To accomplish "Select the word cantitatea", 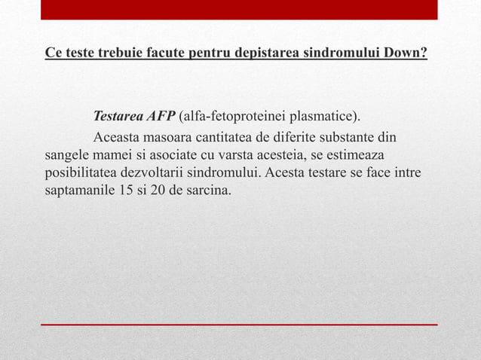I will pyautogui.click(x=229, y=139).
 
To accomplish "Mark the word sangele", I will pyautogui.click(x=67, y=156).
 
